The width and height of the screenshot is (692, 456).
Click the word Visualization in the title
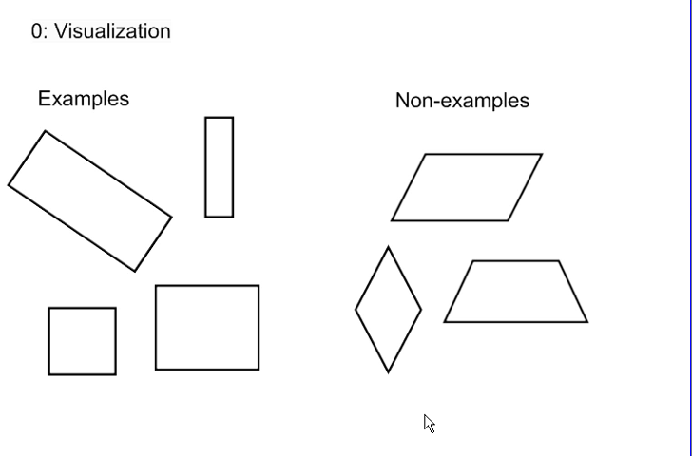[112, 31]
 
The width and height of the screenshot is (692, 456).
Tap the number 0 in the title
[36, 31]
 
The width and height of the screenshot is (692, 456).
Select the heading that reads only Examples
[84, 99]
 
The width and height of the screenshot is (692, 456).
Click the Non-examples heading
[462, 101]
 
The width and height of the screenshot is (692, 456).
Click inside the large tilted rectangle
[90, 201]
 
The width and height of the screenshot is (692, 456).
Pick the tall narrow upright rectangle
[220, 167]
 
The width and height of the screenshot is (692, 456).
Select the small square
[83, 341]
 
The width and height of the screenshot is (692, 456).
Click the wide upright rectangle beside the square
[207, 328]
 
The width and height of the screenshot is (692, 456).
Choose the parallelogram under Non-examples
[467, 187]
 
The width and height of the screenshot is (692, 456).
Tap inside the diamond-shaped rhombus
[388, 310]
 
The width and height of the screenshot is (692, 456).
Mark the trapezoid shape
[516, 292]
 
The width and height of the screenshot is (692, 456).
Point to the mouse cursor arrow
[429, 423]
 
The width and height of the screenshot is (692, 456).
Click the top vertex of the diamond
[388, 248]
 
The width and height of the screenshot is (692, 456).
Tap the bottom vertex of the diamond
[388, 371]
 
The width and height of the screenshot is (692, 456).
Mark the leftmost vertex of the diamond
[356, 310]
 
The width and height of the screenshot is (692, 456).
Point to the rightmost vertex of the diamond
[420, 310]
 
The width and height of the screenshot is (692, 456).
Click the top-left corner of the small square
[49, 308]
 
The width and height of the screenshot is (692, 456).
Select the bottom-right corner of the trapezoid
[586, 321]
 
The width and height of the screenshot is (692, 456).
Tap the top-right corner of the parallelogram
[541, 154]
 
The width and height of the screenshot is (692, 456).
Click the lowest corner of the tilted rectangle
[135, 271]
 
